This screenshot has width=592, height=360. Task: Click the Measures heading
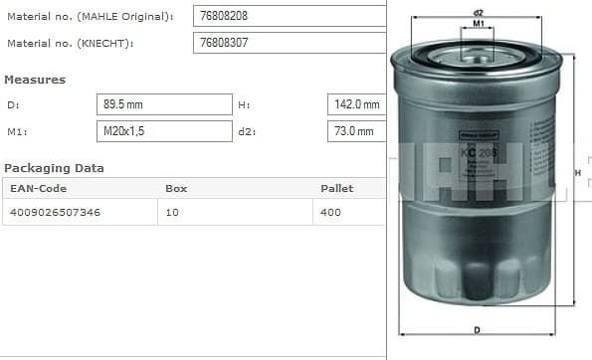click(x=35, y=80)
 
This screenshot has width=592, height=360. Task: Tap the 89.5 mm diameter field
click(x=165, y=104)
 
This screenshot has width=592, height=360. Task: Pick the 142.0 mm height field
click(x=356, y=104)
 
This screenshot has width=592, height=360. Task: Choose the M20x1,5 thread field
click(x=165, y=131)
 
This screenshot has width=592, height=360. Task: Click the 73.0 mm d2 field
click(x=356, y=131)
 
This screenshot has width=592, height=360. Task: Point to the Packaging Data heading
click(x=55, y=168)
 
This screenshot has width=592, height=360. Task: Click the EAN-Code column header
click(x=38, y=188)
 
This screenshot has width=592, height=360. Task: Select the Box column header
click(x=176, y=188)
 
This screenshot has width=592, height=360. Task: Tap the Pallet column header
click(x=336, y=188)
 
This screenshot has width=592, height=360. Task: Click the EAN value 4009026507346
click(x=55, y=212)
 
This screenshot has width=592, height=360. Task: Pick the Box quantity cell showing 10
click(x=173, y=212)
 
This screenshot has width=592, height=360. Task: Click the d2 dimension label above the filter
click(x=478, y=11)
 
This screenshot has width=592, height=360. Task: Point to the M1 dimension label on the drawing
click(x=478, y=23)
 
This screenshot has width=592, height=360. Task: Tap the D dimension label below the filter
click(x=478, y=330)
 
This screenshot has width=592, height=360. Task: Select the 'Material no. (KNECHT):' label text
click(x=71, y=44)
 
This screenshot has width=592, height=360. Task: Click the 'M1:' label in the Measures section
click(x=16, y=131)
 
